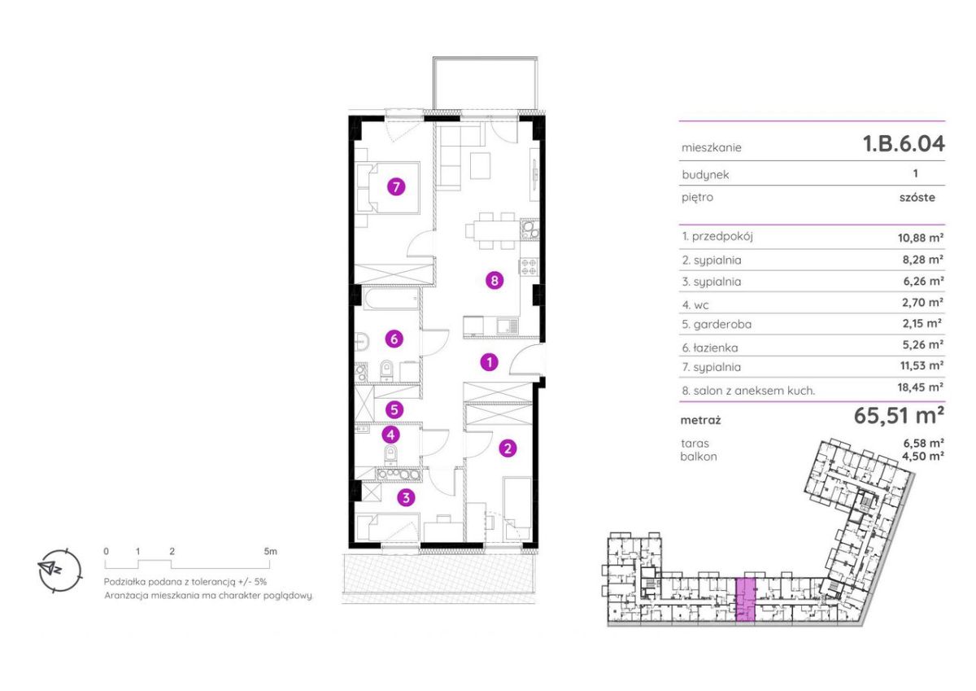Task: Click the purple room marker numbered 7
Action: coord(396,187)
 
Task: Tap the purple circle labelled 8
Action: coord(495,280)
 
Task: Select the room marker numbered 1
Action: coord(490,362)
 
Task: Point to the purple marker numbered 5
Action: coord(394,410)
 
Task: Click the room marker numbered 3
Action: coord(406,497)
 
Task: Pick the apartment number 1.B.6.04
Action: coord(904,144)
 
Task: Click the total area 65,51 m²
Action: coord(899,416)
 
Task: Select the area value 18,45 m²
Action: coord(921,387)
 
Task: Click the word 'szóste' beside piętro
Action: coord(917,197)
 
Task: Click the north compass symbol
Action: coord(59,570)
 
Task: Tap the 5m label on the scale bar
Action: coord(270,551)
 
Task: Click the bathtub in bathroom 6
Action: coord(391,299)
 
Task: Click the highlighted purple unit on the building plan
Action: coord(745,599)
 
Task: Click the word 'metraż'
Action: coord(700,420)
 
